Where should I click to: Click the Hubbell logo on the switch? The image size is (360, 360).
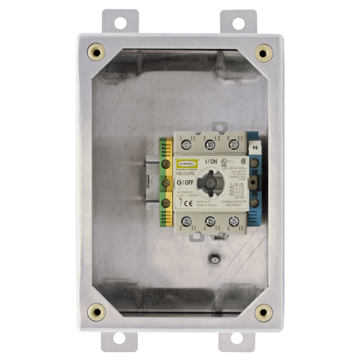(187, 164)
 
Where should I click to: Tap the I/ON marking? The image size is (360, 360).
(211, 161)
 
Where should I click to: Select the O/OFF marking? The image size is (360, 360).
(185, 182)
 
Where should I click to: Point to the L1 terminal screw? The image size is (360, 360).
(187, 144)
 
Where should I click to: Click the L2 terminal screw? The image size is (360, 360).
(210, 144)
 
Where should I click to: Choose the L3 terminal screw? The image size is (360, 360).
(234, 144)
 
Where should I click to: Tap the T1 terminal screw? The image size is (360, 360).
(187, 221)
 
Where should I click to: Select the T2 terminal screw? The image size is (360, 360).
(210, 221)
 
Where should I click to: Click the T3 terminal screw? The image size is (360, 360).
(234, 221)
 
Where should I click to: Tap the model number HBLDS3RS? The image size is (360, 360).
(185, 173)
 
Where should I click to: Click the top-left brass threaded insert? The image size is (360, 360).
(96, 52)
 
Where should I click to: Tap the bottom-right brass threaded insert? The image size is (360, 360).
(263, 312)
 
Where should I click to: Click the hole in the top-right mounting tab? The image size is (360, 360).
(238, 23)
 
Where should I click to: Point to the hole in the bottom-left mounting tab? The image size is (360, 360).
(119, 338)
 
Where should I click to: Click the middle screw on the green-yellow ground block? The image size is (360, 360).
(166, 183)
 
